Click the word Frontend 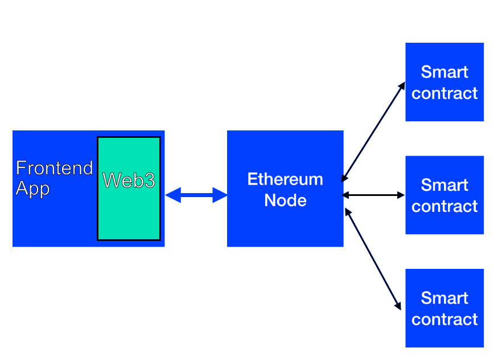(55, 168)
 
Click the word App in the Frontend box (32, 189)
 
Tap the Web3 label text (129, 180)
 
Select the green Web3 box (129, 189)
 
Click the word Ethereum (285, 179)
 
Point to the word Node (285, 201)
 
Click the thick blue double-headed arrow (196, 195)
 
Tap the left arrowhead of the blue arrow (173, 195)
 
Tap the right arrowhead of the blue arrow (220, 195)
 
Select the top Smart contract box (445, 82)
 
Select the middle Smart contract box (445, 195)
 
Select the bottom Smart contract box (445, 308)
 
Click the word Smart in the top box (445, 72)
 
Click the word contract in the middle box (445, 206)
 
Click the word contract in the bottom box (445, 320)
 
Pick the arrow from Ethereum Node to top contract (373, 132)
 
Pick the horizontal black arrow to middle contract (373, 195)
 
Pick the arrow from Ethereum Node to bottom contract (373, 259)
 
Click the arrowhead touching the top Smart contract (402, 86)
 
